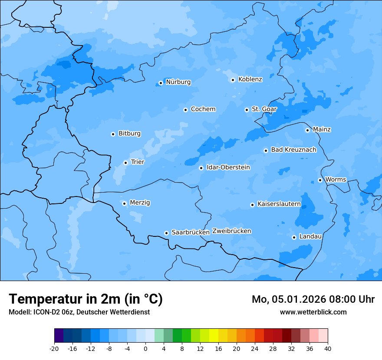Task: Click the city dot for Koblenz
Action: point(233,80)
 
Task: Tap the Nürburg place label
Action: point(178,82)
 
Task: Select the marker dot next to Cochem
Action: point(185,110)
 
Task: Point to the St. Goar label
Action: point(264,109)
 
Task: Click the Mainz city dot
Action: point(307,130)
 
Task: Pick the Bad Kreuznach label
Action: point(293,150)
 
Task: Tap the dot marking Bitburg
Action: point(113,134)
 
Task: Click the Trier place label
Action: point(138,162)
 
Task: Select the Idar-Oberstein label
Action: point(228,167)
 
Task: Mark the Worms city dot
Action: point(320,180)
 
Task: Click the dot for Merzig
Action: point(124,203)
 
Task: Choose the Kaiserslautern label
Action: point(279,204)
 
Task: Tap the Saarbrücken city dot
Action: point(166,233)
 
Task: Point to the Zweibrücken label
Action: point(231,231)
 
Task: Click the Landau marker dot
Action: point(294,237)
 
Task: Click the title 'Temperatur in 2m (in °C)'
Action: point(86,299)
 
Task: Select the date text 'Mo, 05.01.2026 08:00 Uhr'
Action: point(313,299)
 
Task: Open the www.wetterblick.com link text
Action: point(313,312)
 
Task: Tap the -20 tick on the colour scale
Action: point(54,349)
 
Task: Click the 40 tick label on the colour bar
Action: point(328,349)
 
